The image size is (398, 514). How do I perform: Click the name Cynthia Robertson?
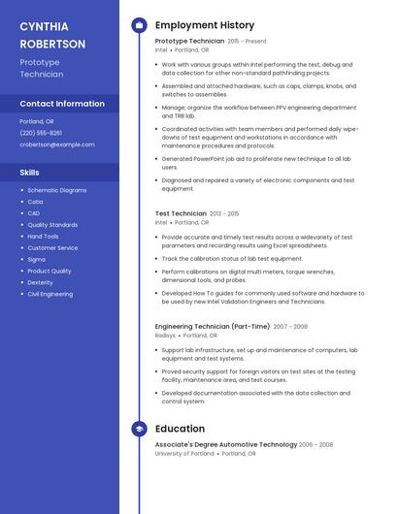[52, 35]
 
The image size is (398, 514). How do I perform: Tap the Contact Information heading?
[62, 104]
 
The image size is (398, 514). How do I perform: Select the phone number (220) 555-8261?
[41, 133]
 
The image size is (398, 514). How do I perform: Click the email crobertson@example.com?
[57, 145]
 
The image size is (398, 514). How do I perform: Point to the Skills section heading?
[30, 173]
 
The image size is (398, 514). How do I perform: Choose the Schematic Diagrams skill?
[57, 190]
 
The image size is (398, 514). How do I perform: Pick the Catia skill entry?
[35, 202]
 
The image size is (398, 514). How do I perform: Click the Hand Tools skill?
[43, 236]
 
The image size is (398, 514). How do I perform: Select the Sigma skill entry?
[36, 259]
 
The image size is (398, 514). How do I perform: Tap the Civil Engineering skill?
[50, 294]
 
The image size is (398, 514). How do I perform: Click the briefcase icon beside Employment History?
[139, 25]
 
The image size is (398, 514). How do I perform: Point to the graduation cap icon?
[139, 429]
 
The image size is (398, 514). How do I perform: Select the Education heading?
[180, 429]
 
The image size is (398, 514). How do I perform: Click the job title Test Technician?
[181, 213]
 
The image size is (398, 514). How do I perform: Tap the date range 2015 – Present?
[247, 42]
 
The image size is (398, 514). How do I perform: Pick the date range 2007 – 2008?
[290, 327]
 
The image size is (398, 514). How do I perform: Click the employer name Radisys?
[165, 336]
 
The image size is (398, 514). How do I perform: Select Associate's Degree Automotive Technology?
[226, 444]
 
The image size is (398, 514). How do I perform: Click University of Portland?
[184, 453]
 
